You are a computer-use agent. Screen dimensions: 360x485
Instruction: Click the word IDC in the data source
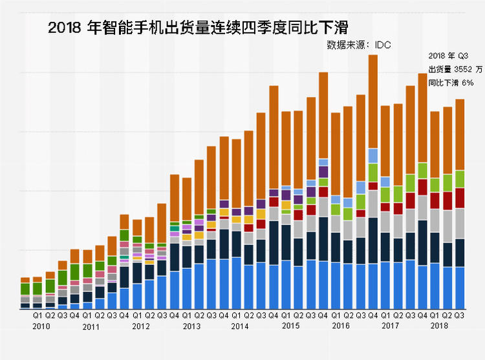point(382,45)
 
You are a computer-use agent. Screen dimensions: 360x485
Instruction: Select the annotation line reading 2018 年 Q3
point(451,56)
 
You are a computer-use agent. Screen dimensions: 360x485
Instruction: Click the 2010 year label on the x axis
point(42,326)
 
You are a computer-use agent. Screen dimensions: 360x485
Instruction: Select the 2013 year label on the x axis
point(191,326)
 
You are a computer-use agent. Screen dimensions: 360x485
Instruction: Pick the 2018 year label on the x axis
point(440,326)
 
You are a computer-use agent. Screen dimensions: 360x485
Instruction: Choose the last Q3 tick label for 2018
point(460,316)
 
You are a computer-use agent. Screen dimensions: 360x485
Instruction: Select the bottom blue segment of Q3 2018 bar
point(460,288)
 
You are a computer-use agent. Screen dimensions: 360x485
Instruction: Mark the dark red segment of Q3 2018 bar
point(460,198)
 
